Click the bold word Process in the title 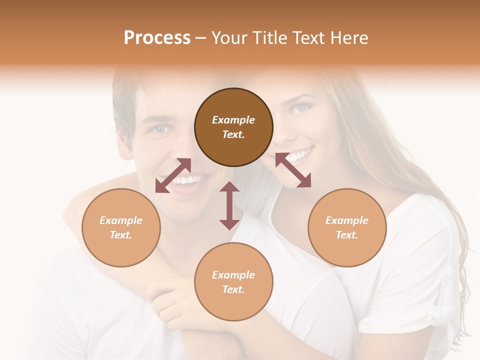157,37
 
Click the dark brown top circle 233,127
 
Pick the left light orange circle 121,227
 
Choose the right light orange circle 347,227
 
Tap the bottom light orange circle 233,281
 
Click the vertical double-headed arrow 229,205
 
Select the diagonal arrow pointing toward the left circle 173,175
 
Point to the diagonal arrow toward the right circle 293,170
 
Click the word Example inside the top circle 233,120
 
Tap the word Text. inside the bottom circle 233,289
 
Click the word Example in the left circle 121,220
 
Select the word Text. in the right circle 347,235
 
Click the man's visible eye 160,129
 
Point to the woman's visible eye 301,107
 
